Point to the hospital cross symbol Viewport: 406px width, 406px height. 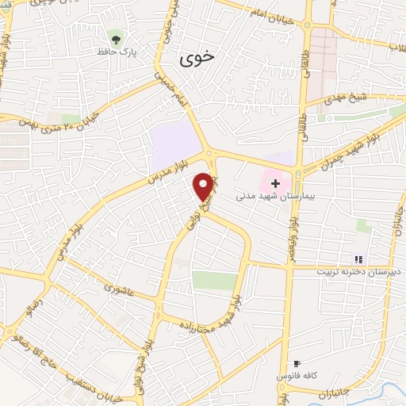point(275,182)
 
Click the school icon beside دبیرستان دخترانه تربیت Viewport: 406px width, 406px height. point(358,259)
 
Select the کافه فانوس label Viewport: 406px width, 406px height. point(297,374)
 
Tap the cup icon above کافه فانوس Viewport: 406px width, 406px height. point(297,362)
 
